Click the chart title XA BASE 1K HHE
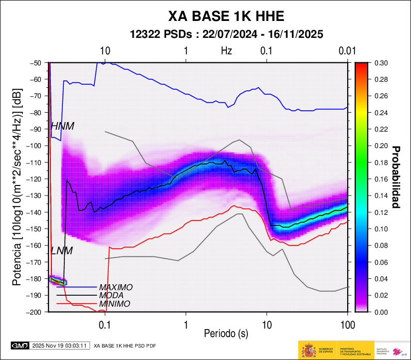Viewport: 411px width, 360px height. coord(226,16)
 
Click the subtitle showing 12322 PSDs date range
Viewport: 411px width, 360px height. coord(226,34)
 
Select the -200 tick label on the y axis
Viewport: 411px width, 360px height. coord(35,312)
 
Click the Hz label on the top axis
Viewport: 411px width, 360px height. coord(226,51)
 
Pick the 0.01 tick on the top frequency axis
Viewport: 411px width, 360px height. coord(347,51)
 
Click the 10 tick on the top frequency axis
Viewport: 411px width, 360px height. coord(105,51)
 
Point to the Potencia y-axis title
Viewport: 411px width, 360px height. coord(17,187)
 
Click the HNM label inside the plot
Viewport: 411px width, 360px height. coord(62,127)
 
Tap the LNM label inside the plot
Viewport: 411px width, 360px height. coord(62,251)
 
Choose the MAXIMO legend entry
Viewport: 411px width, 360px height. coord(116,288)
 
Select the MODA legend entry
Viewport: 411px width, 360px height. coord(112,296)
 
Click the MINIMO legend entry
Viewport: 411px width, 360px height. coord(115,304)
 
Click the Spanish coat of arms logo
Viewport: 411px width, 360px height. coord(309,351)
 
